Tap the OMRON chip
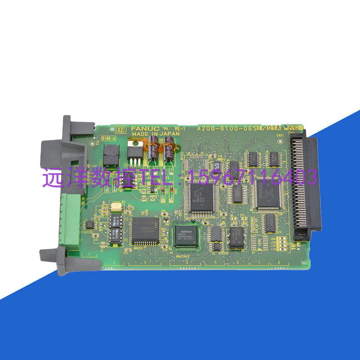click(x=186, y=235)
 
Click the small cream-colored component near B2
click(x=116, y=207)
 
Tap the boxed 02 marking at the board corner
click(x=120, y=130)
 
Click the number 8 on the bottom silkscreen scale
click(x=279, y=262)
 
